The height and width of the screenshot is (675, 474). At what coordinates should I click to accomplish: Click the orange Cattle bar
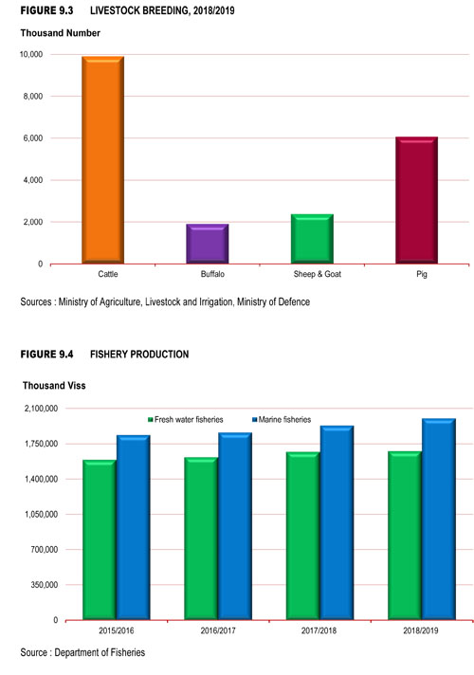tap(103, 159)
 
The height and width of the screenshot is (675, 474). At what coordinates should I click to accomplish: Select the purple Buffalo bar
tap(207, 244)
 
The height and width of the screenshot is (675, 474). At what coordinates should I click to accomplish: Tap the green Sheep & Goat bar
tap(312, 239)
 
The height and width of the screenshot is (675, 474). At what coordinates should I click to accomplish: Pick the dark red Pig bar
tap(417, 200)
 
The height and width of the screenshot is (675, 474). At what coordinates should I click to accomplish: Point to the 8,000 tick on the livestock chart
tap(33, 97)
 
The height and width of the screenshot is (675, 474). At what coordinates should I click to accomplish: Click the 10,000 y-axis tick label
tap(31, 54)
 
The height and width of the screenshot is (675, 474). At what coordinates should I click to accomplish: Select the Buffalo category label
tap(212, 274)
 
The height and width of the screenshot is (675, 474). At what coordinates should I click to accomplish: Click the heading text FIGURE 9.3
tap(47, 10)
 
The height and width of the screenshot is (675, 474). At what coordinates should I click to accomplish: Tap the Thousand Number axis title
tap(61, 33)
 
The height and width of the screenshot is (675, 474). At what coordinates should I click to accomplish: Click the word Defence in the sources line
tap(294, 301)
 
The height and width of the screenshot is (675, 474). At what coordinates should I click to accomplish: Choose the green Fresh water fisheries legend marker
tap(151, 419)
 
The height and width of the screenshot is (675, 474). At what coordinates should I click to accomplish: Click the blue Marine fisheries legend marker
tap(254, 419)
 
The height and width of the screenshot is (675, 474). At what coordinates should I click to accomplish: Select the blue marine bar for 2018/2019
tap(439, 520)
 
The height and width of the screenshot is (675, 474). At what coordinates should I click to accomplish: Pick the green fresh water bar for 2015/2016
tap(100, 539)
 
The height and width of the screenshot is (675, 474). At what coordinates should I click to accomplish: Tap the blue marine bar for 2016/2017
tap(235, 526)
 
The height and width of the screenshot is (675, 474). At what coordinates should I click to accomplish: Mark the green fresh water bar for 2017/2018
tap(303, 536)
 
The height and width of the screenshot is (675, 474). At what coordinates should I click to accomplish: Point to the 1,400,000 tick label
tap(41, 479)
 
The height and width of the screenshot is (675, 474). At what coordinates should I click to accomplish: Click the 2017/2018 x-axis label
tap(319, 630)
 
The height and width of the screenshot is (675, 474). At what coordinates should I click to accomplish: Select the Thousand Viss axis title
tap(54, 386)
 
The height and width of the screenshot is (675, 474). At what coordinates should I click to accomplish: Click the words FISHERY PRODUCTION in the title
tap(139, 355)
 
